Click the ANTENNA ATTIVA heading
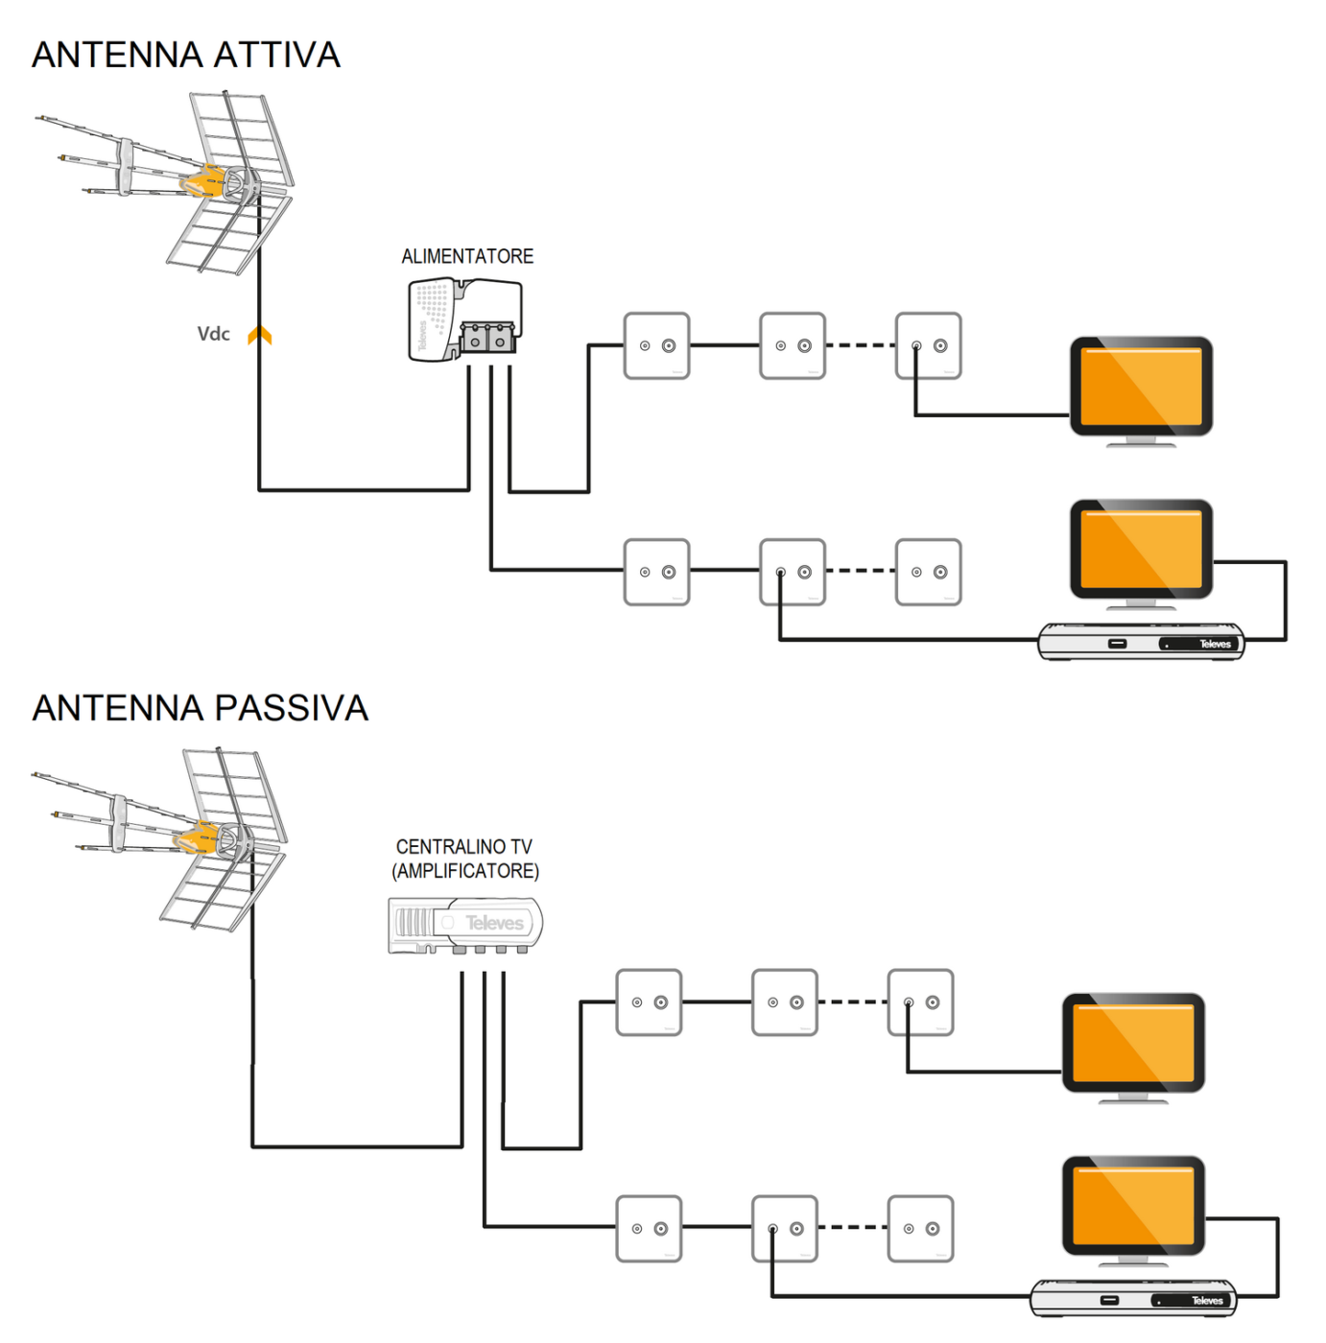(x=186, y=56)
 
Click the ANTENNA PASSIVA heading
(x=200, y=708)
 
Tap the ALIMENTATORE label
(x=467, y=256)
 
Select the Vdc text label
(x=213, y=334)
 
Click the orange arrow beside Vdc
(x=259, y=335)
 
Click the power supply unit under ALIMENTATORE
(x=465, y=320)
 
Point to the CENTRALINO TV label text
(x=463, y=847)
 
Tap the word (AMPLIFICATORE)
(x=465, y=871)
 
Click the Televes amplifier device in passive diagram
(x=465, y=925)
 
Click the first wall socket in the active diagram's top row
(x=656, y=345)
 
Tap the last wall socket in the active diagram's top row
(x=928, y=345)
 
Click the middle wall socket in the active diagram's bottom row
(x=792, y=572)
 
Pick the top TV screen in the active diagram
(x=1141, y=387)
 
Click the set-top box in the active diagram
(x=1141, y=642)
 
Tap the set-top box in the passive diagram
(x=1133, y=1299)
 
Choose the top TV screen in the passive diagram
(x=1133, y=1043)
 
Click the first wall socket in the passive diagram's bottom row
(x=649, y=1228)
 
